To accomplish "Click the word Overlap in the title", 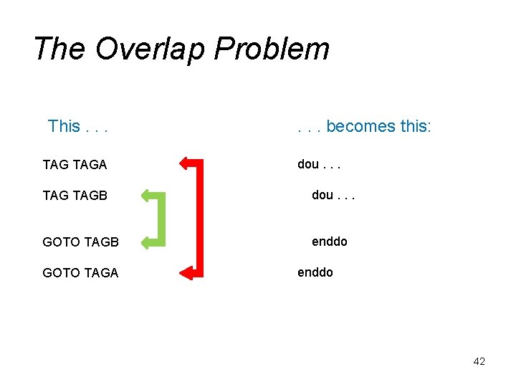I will [x=150, y=49].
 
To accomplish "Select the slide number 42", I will [x=479, y=361].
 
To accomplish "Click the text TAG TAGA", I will [x=75, y=165].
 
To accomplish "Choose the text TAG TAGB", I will [x=75, y=195].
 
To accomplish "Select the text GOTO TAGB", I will [x=80, y=242].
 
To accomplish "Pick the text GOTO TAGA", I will [x=80, y=273].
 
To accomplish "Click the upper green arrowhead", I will [x=148, y=194].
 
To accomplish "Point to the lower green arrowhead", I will [x=148, y=242].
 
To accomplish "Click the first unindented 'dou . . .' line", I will [x=319, y=164].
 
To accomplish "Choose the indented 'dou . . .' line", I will [x=333, y=194].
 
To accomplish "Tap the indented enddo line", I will [x=329, y=242].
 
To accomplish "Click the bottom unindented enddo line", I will [x=315, y=272].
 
